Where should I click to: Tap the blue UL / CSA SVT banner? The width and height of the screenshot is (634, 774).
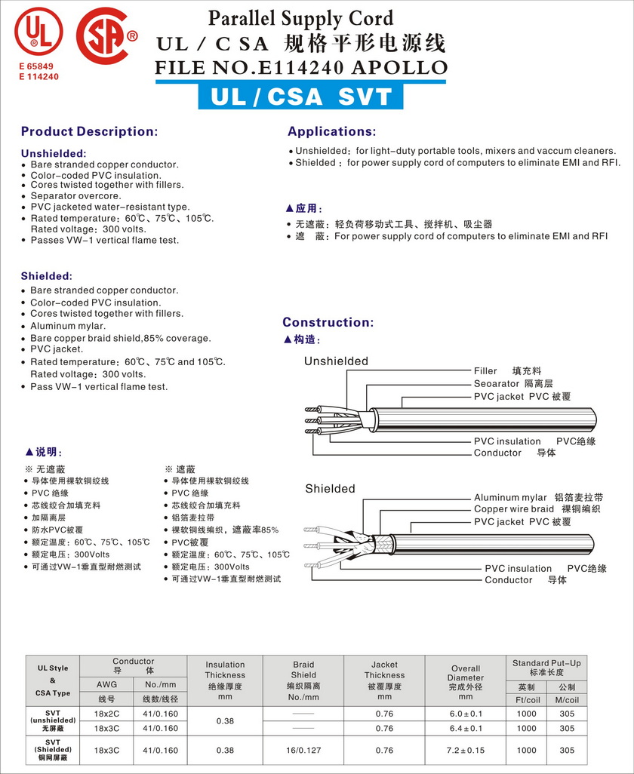(301, 97)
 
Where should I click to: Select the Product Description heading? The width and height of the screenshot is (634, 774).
(89, 131)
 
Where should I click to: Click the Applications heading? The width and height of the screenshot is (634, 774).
(331, 131)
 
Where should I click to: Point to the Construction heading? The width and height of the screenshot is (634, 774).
(328, 322)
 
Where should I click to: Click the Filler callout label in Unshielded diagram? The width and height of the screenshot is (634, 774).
(485, 371)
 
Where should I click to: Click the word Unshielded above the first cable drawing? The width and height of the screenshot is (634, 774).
(336, 361)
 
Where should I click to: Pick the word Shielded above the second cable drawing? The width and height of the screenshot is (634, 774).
(330, 489)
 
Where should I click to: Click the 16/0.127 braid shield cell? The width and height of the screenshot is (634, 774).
(303, 751)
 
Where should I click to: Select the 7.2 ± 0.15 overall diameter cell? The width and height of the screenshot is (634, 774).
(466, 751)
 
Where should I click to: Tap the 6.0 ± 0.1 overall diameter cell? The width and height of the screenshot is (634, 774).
(466, 714)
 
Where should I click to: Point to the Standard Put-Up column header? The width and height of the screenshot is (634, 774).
(546, 667)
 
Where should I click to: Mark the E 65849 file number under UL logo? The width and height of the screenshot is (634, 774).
(37, 67)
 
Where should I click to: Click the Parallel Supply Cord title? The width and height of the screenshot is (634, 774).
(300, 18)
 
